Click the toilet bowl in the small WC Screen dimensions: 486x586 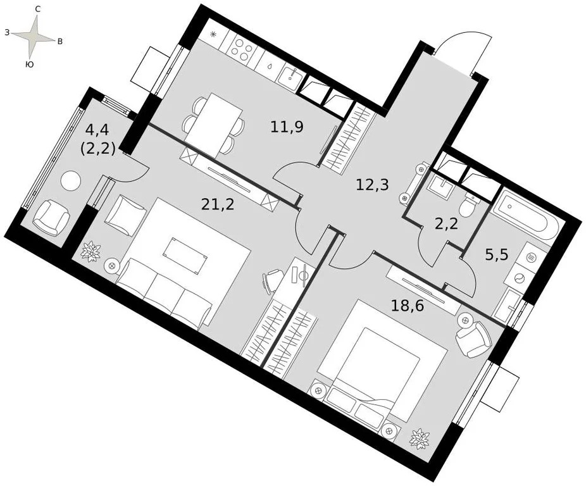coord(469,206)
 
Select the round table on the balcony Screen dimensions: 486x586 coord(70,180)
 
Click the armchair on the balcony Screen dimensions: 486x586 coord(51,217)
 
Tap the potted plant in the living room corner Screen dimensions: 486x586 coord(91,251)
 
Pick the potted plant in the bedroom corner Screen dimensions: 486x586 coord(420,437)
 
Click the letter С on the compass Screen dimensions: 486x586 coord(38,9)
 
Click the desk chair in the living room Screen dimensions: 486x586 coord(273,279)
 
